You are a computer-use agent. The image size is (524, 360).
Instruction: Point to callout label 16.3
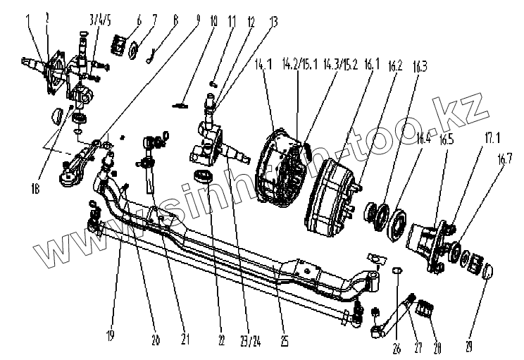[420, 68]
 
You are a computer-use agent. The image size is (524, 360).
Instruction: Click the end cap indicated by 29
[487, 269]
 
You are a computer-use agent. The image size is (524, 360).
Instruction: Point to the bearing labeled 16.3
[377, 212]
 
